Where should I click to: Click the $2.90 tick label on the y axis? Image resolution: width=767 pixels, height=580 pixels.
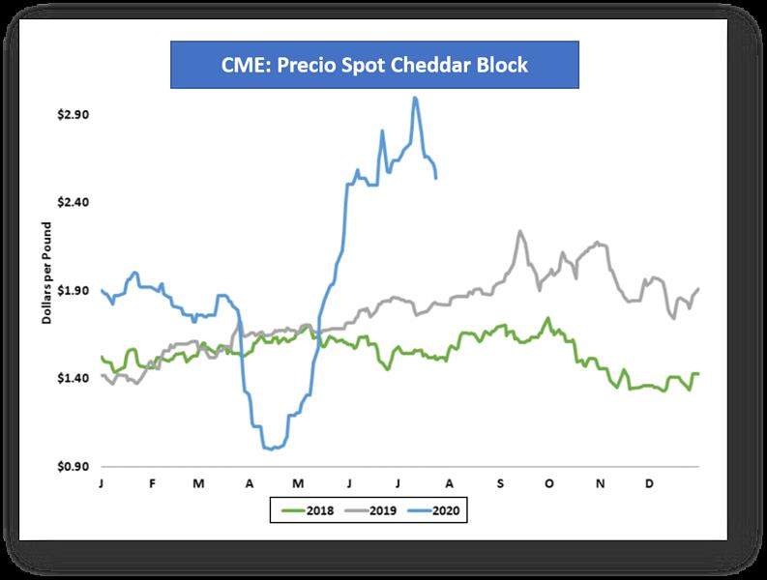pyautogui.click(x=74, y=115)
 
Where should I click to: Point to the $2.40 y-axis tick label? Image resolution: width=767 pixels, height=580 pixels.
pyautogui.click(x=74, y=203)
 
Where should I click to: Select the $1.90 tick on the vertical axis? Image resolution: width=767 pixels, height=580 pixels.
pyautogui.click(x=74, y=291)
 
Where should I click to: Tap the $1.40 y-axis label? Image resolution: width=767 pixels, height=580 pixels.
pyautogui.click(x=74, y=379)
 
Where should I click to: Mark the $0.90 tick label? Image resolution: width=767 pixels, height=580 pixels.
pyautogui.click(x=74, y=467)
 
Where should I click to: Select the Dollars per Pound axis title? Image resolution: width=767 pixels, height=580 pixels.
pyautogui.click(x=46, y=272)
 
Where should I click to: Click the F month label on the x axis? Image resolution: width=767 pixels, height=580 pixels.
pyautogui.click(x=152, y=481)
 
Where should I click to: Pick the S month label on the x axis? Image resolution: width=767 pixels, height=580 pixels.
pyautogui.click(x=500, y=481)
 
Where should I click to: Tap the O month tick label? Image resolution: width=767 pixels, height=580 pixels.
pyautogui.click(x=549, y=481)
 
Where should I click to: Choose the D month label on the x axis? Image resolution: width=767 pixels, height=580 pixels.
pyautogui.click(x=649, y=481)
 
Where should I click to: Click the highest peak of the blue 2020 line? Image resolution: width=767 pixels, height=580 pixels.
pyautogui.click(x=415, y=97)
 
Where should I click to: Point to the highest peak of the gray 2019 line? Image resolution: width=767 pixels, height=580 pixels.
pyautogui.click(x=520, y=231)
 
